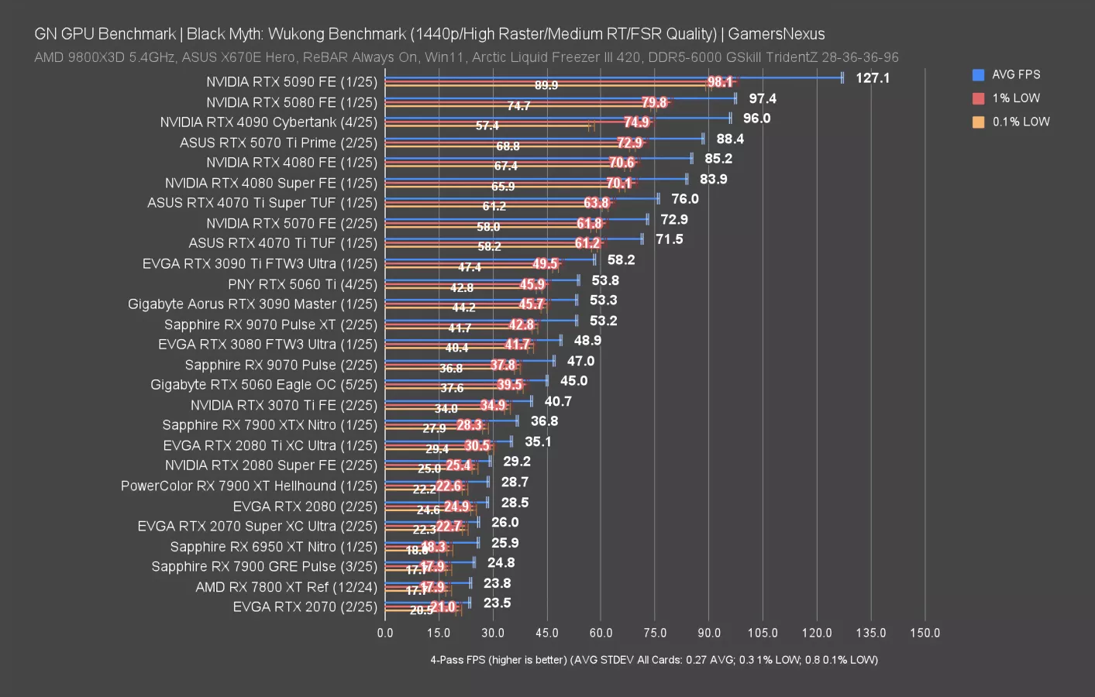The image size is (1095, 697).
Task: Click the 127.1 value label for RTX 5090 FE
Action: click(x=873, y=78)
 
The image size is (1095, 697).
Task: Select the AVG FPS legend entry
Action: click(x=1015, y=74)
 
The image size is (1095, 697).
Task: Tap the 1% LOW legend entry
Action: click(x=1015, y=98)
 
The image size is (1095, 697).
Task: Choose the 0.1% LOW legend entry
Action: click(x=1020, y=122)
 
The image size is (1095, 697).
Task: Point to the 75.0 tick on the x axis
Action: click(x=655, y=633)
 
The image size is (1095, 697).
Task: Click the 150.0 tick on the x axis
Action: click(x=925, y=633)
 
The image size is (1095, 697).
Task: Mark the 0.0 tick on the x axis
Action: click(x=385, y=633)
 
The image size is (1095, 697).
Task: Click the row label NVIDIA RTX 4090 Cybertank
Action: click(x=268, y=122)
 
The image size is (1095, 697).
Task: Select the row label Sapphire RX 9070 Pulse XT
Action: click(x=270, y=324)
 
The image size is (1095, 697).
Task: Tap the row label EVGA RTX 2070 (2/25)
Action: click(x=305, y=607)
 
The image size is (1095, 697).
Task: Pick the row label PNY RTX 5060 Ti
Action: click(x=302, y=284)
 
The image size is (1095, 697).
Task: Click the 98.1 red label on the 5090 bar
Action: click(x=720, y=82)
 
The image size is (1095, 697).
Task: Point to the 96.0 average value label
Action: click(x=756, y=118)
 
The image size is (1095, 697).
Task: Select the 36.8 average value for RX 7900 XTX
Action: click(x=544, y=421)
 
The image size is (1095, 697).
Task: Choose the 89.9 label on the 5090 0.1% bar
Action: click(x=546, y=86)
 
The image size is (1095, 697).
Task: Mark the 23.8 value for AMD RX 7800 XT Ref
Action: click(x=497, y=583)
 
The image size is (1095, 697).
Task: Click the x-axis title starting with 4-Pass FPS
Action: click(x=653, y=660)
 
